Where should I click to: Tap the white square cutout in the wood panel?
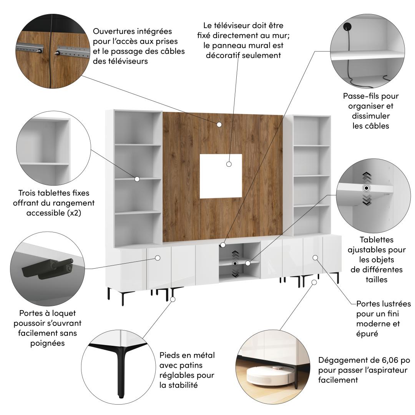pos(221,176)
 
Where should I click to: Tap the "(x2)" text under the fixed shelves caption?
pos(73,213)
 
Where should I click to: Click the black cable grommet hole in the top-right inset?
pos(347,26)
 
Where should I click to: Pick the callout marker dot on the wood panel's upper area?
pos(219,124)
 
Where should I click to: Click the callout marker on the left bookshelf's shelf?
pos(137,179)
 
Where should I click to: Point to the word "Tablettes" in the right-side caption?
pos(376,240)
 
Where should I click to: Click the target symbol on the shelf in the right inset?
pos(366,188)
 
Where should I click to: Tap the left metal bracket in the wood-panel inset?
pos(30,48)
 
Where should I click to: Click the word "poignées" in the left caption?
pos(47,343)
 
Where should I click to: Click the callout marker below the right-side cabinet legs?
pos(314,282)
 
